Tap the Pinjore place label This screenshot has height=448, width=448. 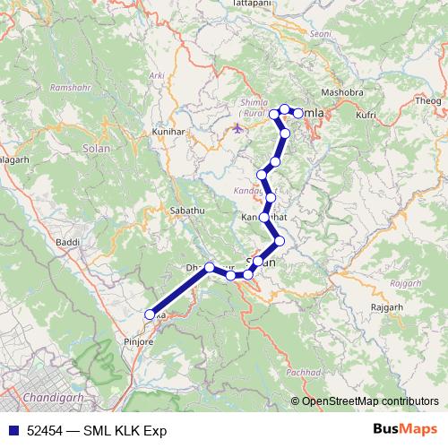point(137,341)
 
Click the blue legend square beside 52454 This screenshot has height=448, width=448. point(13,430)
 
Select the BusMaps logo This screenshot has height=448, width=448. point(406,430)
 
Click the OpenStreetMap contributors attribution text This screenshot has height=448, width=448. point(370,401)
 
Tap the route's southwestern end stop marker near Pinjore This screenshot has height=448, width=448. point(150,314)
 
